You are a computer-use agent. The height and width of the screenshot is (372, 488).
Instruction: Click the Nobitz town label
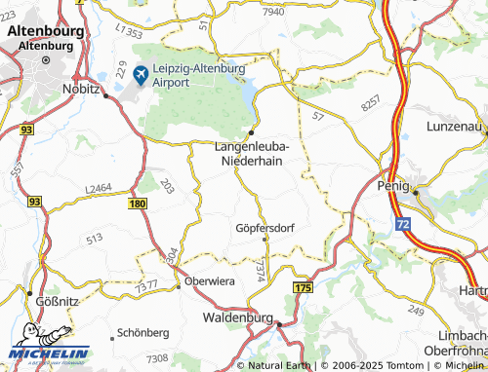(x=83, y=88)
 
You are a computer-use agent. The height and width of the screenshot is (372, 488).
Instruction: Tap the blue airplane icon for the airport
(x=141, y=74)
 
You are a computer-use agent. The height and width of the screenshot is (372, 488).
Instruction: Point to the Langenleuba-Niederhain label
(x=253, y=154)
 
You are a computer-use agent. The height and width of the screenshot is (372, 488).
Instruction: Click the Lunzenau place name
(x=456, y=128)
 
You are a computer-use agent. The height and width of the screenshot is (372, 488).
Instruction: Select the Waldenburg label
(x=237, y=317)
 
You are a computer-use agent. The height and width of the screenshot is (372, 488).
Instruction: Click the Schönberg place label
(x=142, y=332)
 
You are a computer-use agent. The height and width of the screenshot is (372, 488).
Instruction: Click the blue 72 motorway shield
(x=403, y=225)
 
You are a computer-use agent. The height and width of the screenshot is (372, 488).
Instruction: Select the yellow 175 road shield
(x=303, y=289)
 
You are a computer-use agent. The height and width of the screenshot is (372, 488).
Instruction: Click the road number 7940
(x=273, y=12)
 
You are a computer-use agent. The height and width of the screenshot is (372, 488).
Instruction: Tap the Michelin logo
(x=49, y=351)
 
